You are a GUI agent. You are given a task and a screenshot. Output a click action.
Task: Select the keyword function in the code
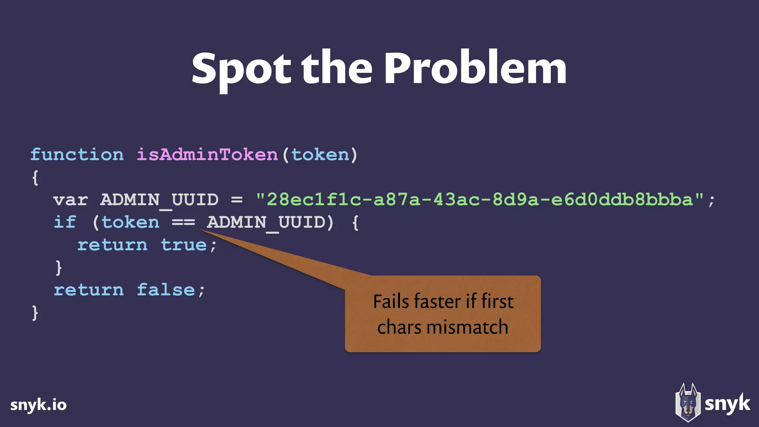click(x=77, y=155)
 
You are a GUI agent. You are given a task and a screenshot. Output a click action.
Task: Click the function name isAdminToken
click(x=207, y=155)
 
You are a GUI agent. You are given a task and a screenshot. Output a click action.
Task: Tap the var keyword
click(x=70, y=200)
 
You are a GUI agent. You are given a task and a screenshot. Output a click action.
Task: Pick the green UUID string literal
click(x=480, y=200)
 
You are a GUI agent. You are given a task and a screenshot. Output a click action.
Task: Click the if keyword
click(x=65, y=222)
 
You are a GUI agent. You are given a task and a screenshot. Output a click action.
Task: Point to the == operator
click(x=183, y=223)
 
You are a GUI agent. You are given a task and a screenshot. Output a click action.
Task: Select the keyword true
click(x=183, y=245)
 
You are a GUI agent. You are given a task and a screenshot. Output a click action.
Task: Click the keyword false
click(x=166, y=290)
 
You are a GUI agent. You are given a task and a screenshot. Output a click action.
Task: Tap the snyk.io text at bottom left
click(x=39, y=405)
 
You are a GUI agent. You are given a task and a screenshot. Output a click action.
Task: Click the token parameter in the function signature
click(x=320, y=155)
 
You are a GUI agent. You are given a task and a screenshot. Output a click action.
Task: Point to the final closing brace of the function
click(x=35, y=313)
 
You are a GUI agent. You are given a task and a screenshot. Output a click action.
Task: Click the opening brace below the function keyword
click(x=35, y=178)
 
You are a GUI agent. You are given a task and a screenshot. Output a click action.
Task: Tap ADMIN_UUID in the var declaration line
click(x=159, y=200)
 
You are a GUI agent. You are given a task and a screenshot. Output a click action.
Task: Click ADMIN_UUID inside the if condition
click(x=266, y=223)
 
